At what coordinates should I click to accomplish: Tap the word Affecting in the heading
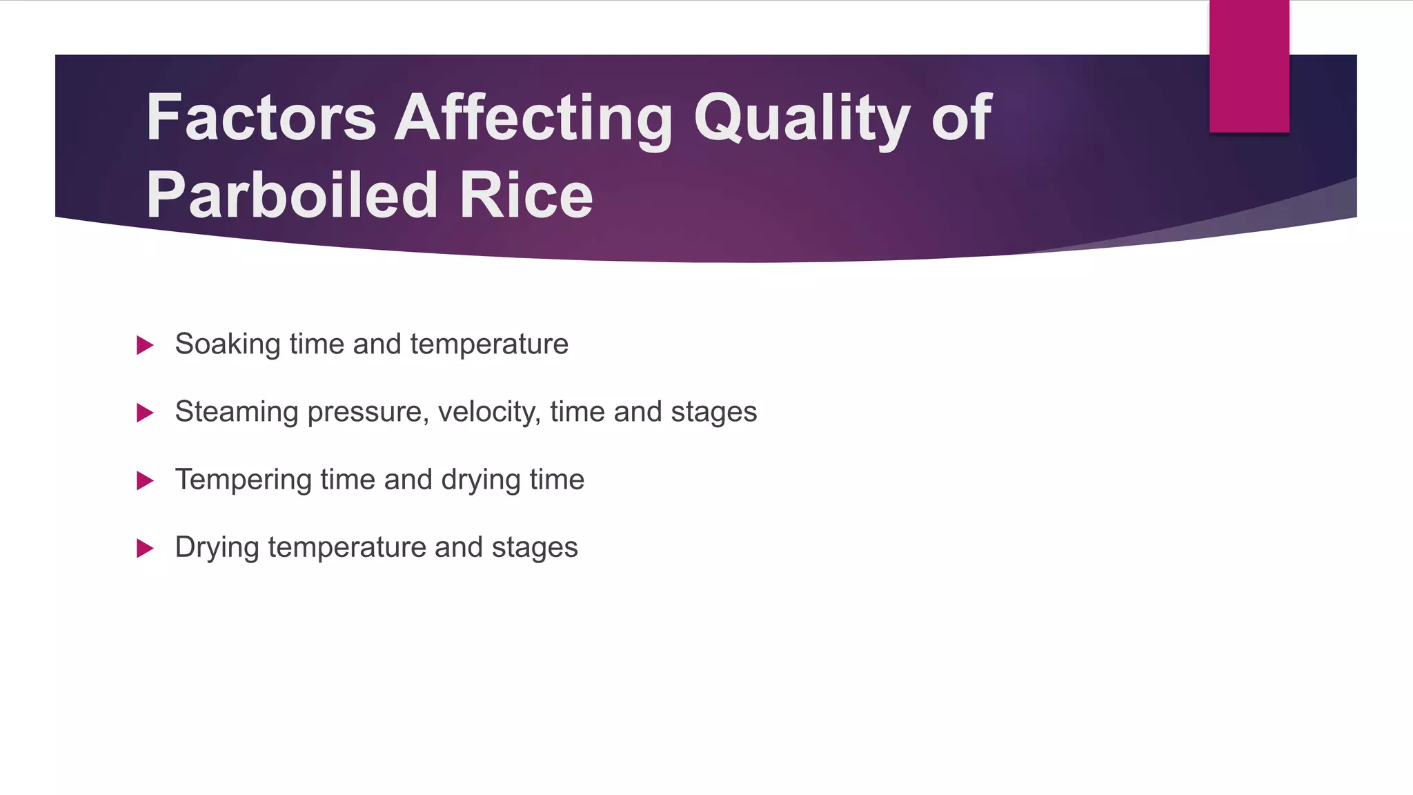[533, 119]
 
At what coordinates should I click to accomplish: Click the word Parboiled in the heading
[292, 196]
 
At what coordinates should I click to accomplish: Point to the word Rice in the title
[526, 196]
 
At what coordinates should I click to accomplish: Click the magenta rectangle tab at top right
[1249, 66]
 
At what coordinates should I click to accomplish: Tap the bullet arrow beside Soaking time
[145, 345]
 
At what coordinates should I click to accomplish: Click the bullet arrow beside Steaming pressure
[145, 413]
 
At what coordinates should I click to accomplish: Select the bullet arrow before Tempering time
[145, 480]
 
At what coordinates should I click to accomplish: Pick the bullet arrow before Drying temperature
[145, 548]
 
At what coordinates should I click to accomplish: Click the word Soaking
[227, 344]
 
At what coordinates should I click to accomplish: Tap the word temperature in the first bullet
[489, 344]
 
